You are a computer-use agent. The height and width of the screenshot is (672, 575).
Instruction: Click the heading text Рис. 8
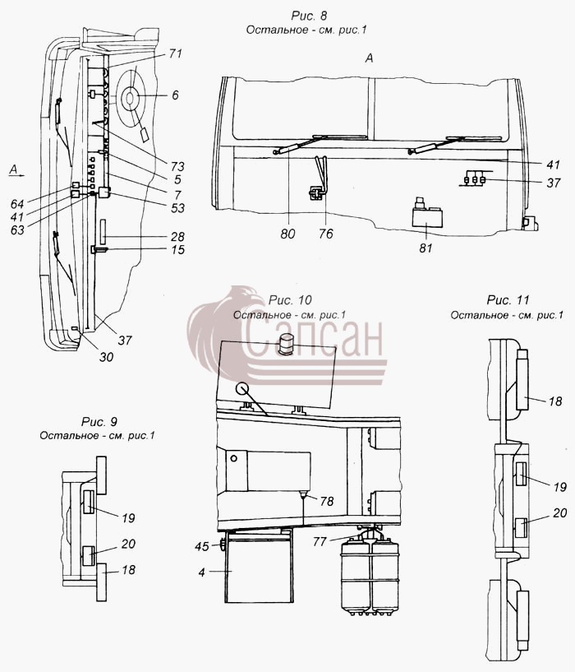[x=309, y=16]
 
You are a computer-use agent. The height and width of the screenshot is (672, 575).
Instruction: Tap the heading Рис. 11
[x=508, y=300]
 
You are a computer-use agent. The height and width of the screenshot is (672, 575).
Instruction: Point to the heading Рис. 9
[x=99, y=422]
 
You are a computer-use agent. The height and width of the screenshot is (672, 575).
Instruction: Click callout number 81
[x=425, y=248]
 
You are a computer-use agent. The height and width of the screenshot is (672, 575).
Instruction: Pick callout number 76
[x=326, y=234]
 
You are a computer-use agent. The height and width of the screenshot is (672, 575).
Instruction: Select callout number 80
[x=287, y=234]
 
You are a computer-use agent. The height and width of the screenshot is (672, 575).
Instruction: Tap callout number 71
[x=175, y=53]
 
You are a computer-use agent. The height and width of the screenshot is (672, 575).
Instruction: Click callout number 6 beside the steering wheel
[x=175, y=95]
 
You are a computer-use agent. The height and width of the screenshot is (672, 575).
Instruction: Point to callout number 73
[x=177, y=166]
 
